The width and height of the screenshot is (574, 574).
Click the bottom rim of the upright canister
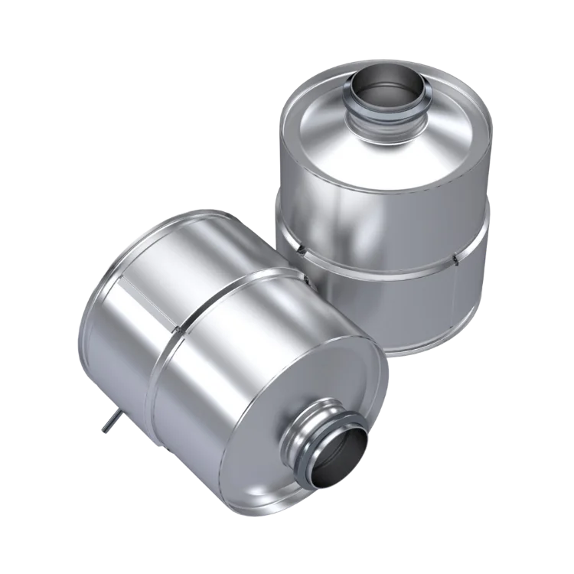pyautogui.click(x=429, y=348)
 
